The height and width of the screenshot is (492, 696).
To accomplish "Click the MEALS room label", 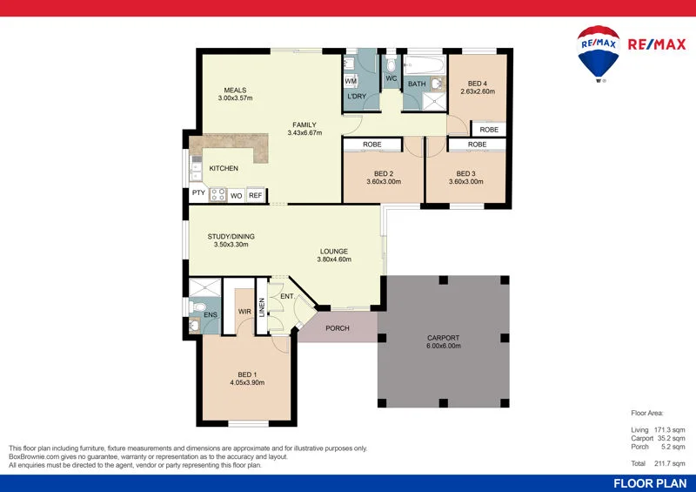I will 235,90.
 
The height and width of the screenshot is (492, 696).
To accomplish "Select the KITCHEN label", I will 224,168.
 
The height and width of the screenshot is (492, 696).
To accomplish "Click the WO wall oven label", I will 236,196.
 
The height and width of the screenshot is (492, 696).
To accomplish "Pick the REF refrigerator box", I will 255,196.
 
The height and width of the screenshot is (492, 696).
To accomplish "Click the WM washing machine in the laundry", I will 351,81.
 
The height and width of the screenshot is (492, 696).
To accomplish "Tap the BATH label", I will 417,84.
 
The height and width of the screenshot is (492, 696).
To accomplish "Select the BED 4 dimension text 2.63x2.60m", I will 477,91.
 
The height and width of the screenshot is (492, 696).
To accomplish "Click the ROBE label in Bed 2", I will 372,144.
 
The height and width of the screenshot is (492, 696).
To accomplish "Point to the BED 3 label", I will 465,172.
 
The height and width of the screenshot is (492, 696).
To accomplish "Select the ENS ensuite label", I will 210,313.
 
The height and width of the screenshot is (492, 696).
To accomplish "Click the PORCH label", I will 338,328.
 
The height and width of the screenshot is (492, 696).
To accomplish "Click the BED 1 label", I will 247,374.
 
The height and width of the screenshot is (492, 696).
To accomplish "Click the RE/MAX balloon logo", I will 599,53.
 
